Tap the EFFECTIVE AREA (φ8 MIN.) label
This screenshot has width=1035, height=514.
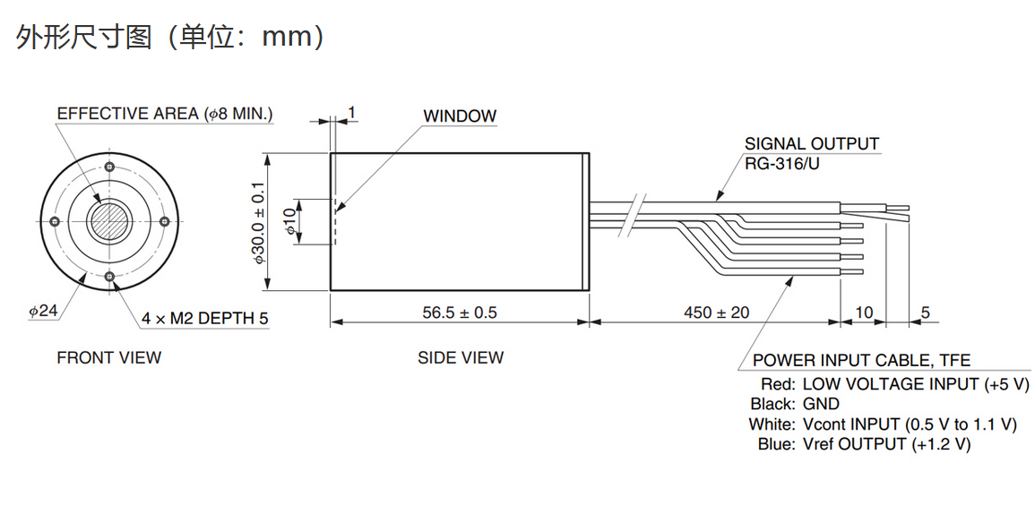165,114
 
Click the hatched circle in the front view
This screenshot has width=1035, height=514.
110,220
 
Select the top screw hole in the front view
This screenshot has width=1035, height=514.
110,166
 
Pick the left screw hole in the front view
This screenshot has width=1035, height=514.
56,220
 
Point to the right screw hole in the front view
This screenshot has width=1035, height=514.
165,220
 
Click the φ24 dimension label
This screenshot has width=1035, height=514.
44,310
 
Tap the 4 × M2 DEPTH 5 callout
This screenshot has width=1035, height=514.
205,319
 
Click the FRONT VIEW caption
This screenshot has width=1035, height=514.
109,357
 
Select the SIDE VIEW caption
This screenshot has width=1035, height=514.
461,357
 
